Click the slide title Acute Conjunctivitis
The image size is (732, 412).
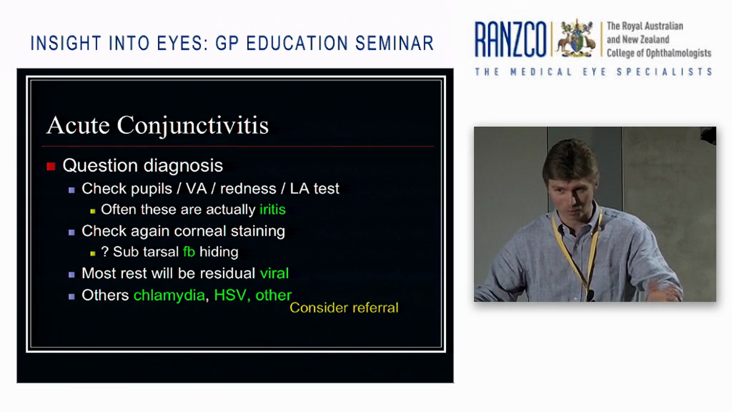(x=157, y=125)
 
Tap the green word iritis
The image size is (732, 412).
(x=272, y=209)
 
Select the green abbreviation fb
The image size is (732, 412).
(x=189, y=252)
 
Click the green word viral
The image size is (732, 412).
(x=274, y=274)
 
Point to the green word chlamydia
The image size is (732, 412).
(x=169, y=295)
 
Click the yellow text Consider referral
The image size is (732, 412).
(x=344, y=308)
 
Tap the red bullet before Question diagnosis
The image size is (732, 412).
(x=51, y=166)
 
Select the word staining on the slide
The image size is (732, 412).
(x=257, y=231)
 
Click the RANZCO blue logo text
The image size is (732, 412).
(x=510, y=40)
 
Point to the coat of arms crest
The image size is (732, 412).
(x=576, y=38)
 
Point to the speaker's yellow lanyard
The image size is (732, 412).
(x=589, y=252)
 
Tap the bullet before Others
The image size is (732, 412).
(x=71, y=296)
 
